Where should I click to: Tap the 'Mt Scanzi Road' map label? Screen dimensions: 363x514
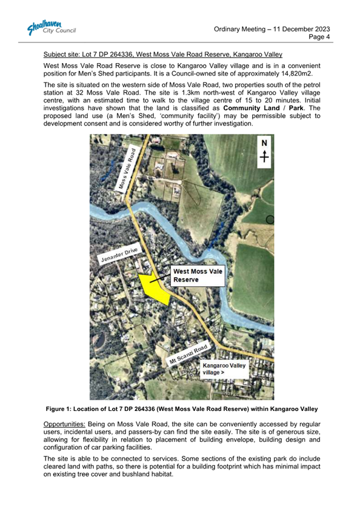[188, 355]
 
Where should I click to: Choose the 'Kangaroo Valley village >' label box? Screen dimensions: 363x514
[224, 370]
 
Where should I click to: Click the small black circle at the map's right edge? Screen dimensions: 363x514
[270, 219]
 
